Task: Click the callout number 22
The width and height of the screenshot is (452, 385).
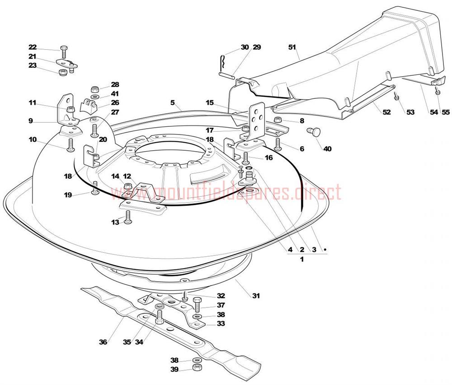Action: (x=33, y=47)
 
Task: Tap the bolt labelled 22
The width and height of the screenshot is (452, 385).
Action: (x=64, y=52)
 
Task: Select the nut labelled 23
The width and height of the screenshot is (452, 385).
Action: (x=62, y=72)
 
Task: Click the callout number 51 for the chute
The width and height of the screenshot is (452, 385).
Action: (x=292, y=47)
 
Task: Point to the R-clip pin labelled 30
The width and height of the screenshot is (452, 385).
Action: (x=222, y=61)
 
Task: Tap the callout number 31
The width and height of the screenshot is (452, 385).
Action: (x=256, y=296)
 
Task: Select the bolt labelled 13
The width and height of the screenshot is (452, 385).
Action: (x=128, y=217)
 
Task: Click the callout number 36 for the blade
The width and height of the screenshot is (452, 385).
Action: (x=103, y=342)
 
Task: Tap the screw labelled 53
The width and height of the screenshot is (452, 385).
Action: (x=397, y=96)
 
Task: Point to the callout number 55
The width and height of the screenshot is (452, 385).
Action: (x=446, y=112)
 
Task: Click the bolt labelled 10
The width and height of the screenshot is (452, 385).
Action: (x=71, y=145)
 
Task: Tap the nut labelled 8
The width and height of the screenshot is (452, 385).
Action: (x=278, y=119)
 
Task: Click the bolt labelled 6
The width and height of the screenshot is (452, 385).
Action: (x=278, y=144)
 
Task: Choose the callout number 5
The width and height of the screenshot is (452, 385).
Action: (x=172, y=102)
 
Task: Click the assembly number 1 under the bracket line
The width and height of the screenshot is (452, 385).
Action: (x=302, y=259)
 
